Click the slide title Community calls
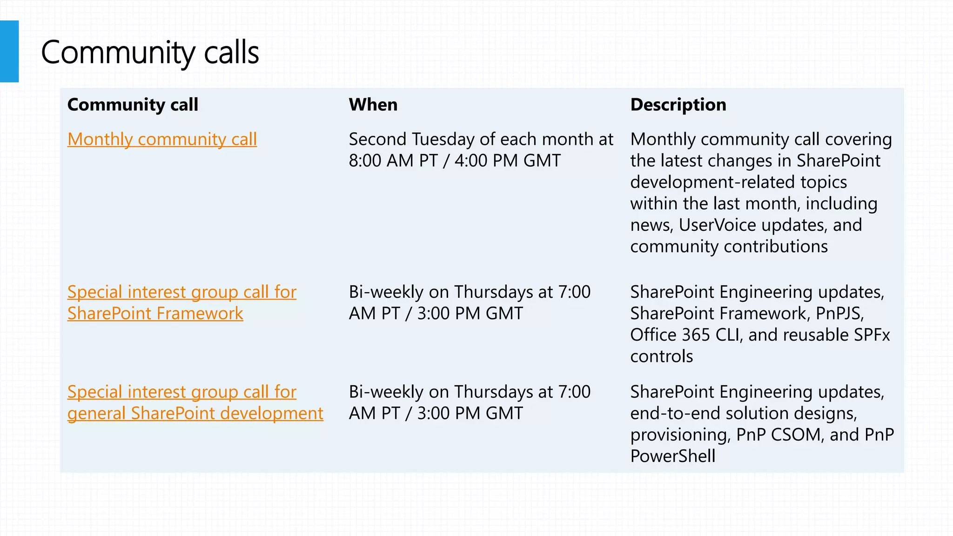point(149,52)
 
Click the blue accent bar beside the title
point(9,51)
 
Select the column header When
point(373,105)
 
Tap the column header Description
point(678,105)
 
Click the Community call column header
point(133,105)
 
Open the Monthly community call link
point(162,139)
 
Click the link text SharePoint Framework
point(155,314)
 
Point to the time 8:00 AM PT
point(393,161)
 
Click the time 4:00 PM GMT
point(507,161)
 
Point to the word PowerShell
point(672,456)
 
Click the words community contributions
point(729,247)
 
